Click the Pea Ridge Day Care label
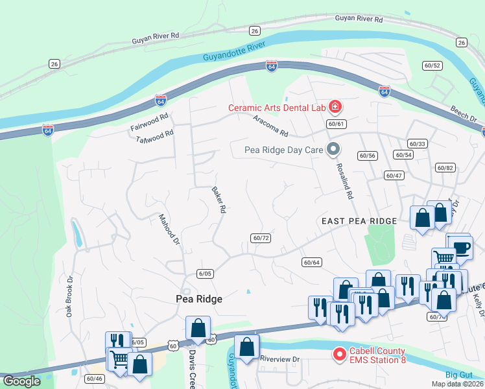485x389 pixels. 283,150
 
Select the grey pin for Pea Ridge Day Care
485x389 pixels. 333,150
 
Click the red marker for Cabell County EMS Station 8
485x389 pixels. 338,355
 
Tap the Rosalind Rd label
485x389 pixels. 344,180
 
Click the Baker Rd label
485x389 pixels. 219,200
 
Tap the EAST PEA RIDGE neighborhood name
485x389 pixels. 359,221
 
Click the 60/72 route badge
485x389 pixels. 261,238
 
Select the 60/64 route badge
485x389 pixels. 311,262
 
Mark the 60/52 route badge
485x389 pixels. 432,65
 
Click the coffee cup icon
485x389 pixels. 461,247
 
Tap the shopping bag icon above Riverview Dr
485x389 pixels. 246,346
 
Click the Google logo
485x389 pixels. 21,382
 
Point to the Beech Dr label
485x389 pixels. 463,119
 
